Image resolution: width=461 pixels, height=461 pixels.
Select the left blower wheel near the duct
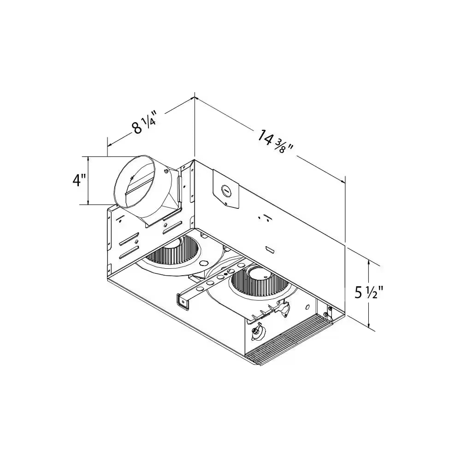(x=175, y=254)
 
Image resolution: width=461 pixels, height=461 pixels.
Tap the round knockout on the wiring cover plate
(x=226, y=189)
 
